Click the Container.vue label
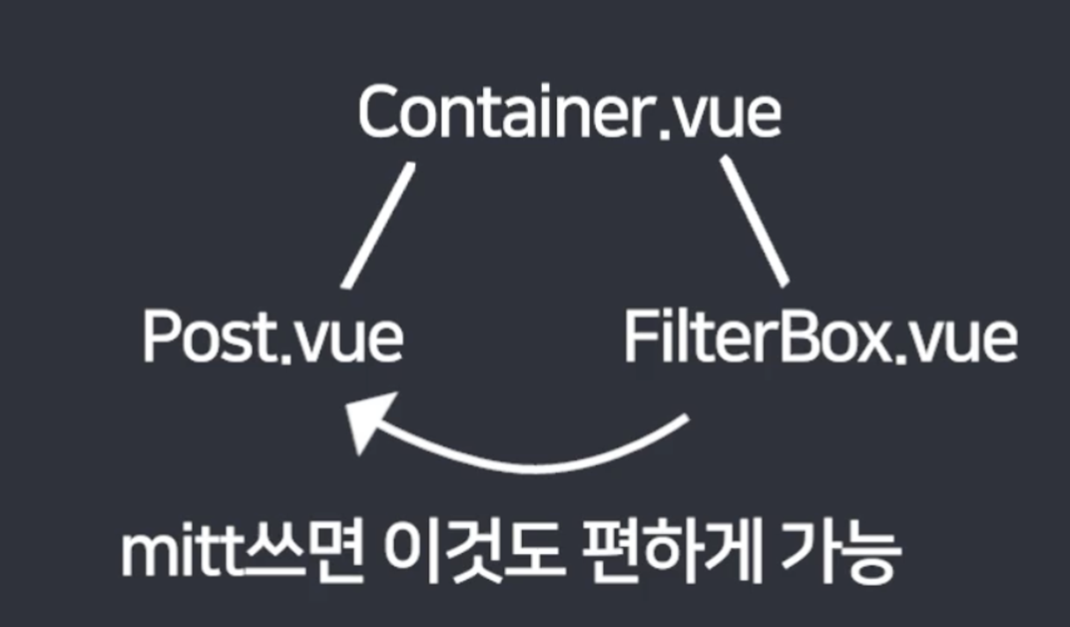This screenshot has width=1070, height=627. click(569, 114)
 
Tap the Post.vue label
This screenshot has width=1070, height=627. click(272, 337)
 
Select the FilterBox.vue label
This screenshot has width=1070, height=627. click(820, 337)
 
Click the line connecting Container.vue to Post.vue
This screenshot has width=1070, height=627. click(376, 225)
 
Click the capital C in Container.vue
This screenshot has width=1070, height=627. click(380, 114)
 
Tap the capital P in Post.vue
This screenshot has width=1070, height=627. click(161, 337)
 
